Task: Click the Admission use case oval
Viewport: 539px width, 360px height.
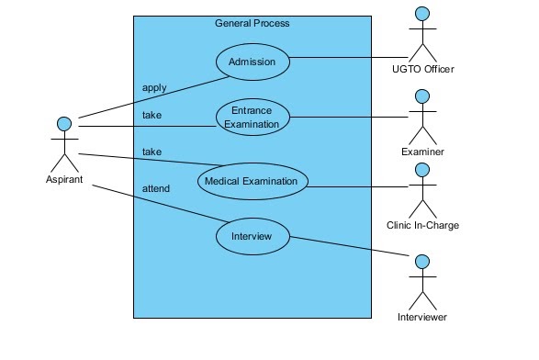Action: pyautogui.click(x=253, y=62)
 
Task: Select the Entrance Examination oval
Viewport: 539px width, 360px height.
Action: pyautogui.click(x=253, y=118)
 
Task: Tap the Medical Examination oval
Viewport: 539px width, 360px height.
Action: pyautogui.click(x=253, y=181)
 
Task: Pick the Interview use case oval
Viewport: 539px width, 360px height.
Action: pyautogui.click(x=253, y=237)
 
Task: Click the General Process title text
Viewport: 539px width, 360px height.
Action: pyautogui.click(x=253, y=23)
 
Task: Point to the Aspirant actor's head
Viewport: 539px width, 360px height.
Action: pyautogui.click(x=64, y=124)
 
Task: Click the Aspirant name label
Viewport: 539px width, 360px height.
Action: pyautogui.click(x=64, y=179)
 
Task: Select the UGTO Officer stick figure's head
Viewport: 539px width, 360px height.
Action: pyautogui.click(x=422, y=14)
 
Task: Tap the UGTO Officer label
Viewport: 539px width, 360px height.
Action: pyautogui.click(x=422, y=69)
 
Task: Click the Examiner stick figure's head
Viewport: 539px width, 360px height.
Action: pyautogui.click(x=422, y=96)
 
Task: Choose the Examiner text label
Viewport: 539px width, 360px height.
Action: pyautogui.click(x=422, y=152)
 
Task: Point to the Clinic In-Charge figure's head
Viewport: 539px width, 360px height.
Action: pyautogui.click(x=422, y=169)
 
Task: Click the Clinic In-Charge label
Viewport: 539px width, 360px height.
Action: pyautogui.click(x=422, y=225)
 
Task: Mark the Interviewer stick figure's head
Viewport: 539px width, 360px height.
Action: pyautogui.click(x=422, y=263)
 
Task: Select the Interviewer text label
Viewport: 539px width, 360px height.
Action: pyautogui.click(x=422, y=317)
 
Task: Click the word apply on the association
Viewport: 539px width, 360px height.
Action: pyautogui.click(x=154, y=88)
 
